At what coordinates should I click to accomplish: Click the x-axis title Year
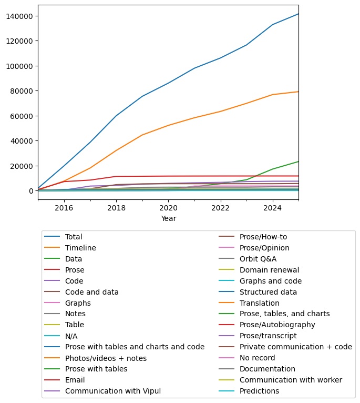click(168, 218)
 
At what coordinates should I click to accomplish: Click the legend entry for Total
click(74, 237)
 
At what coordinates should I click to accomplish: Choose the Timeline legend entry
click(80, 248)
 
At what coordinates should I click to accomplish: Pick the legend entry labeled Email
click(75, 380)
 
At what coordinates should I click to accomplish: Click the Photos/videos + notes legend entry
click(106, 358)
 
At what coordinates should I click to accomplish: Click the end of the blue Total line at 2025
click(299, 14)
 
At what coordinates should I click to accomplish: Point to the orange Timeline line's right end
click(299, 92)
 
